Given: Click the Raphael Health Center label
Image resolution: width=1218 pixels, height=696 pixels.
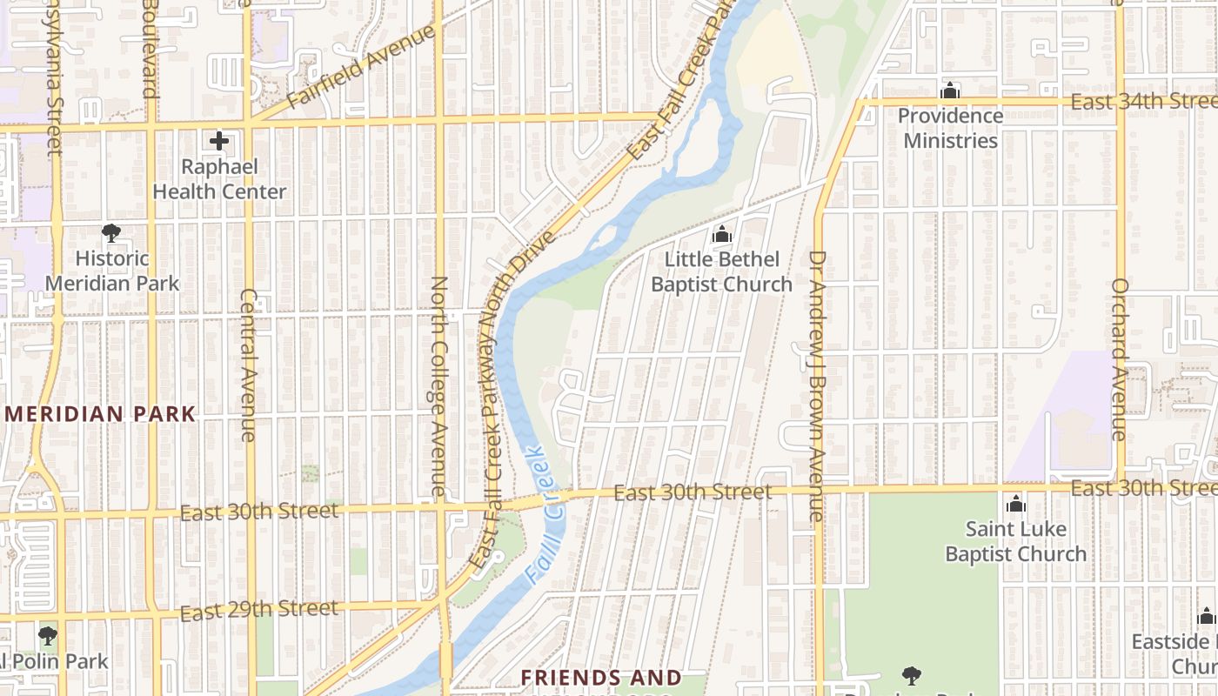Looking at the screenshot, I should pyautogui.click(x=219, y=179).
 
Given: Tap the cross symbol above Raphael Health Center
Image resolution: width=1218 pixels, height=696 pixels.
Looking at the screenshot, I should pyautogui.click(x=219, y=140).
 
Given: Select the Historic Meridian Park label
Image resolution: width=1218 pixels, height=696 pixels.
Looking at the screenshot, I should pyautogui.click(x=112, y=271).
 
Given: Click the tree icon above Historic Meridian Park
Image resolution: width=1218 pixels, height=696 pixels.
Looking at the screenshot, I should pyautogui.click(x=111, y=232).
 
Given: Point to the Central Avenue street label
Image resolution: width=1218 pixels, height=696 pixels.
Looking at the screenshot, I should pyautogui.click(x=248, y=365).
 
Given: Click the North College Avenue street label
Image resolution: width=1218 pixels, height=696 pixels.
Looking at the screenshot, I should pyautogui.click(x=439, y=386).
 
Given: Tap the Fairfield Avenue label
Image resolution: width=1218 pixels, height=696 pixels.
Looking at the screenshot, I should pyautogui.click(x=360, y=66).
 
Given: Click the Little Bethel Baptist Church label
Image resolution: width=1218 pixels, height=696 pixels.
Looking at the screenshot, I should pyautogui.click(x=721, y=271).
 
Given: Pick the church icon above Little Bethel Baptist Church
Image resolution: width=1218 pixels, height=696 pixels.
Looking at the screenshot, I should pyautogui.click(x=721, y=234).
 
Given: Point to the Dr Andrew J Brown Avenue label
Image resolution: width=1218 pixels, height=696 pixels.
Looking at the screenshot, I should pyautogui.click(x=816, y=386).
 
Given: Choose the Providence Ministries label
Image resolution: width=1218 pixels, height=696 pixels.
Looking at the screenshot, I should pyautogui.click(x=950, y=128).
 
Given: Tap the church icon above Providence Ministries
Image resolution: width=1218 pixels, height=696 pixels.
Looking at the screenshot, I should pyautogui.click(x=950, y=90).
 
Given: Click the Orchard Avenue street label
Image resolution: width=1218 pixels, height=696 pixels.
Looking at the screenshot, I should pyautogui.click(x=1120, y=358).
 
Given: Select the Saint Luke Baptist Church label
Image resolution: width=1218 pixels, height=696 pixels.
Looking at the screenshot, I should pyautogui.click(x=1015, y=541).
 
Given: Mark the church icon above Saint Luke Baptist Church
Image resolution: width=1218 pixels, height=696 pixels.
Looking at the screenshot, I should pyautogui.click(x=1015, y=504).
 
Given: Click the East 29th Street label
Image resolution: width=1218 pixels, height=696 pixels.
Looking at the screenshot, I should pyautogui.click(x=258, y=610).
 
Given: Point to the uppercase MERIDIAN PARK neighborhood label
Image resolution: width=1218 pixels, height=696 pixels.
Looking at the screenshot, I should pyautogui.click(x=101, y=414).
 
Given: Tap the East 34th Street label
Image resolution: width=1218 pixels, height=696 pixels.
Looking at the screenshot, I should pyautogui.click(x=1141, y=102).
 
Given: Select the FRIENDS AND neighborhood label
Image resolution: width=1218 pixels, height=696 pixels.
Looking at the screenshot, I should pyautogui.click(x=601, y=678).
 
